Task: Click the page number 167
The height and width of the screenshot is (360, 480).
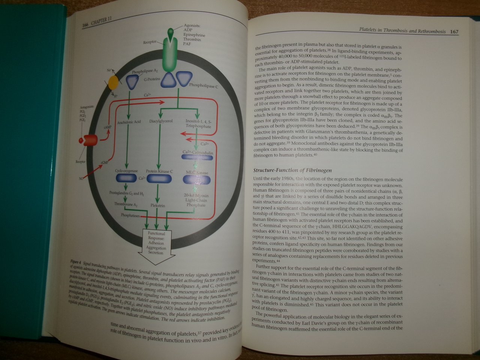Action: tap(453, 32)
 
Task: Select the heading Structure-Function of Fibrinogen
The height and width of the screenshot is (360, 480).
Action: tap(292, 170)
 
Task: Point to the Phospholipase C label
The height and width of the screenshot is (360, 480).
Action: tap(204, 86)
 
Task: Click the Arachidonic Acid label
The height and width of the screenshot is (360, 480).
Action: tap(129, 122)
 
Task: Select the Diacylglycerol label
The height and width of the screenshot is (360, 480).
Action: tap(160, 121)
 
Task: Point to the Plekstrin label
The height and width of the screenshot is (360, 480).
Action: tap(158, 206)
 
